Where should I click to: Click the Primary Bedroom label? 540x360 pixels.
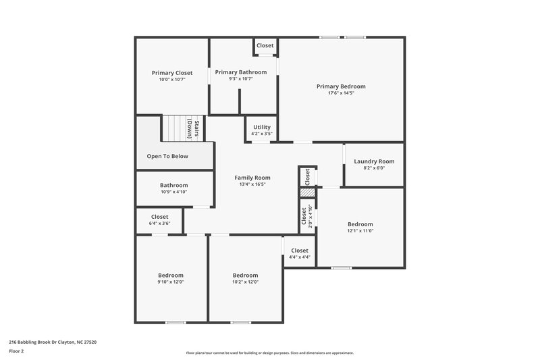click(341, 86)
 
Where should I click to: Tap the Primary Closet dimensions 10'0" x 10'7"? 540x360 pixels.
click(171, 80)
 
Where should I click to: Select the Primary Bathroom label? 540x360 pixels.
click(240, 72)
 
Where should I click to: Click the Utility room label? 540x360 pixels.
click(262, 127)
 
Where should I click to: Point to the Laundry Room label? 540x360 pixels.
click(375, 161)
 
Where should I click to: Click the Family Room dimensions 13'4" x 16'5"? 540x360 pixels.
click(252, 184)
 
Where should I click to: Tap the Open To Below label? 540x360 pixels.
click(167, 156)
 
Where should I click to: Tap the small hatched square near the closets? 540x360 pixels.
click(307, 192)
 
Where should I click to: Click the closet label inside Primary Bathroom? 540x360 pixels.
click(265, 46)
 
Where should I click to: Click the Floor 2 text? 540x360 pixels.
click(16, 351)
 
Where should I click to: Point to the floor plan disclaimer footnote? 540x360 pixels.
click(269, 353)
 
